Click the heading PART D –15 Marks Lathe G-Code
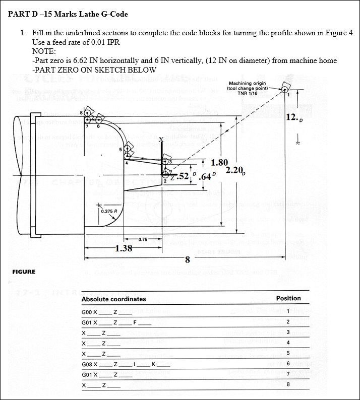[68, 14]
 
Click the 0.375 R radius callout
[109, 211]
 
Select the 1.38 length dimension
[124, 248]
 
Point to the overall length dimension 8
[187, 260]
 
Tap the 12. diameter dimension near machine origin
[293, 118]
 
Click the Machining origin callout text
[248, 88]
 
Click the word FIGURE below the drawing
[24, 272]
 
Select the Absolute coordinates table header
[113, 299]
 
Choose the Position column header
[288, 298]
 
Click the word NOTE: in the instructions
[44, 51]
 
